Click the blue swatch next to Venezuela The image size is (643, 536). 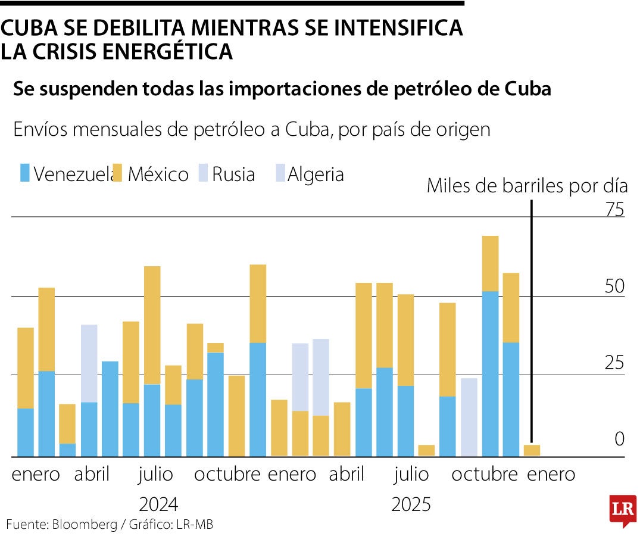click(24, 174)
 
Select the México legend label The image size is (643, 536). click(158, 174)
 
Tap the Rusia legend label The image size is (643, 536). click(233, 174)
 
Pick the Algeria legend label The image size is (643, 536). click(316, 174)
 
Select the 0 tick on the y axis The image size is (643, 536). click(619, 439)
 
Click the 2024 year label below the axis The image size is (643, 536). click(158, 504)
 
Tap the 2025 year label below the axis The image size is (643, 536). click(411, 504)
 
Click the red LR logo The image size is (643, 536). click(622, 509)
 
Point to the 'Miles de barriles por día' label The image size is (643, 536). click(527, 186)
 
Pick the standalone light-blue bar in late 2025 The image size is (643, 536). click(469, 417)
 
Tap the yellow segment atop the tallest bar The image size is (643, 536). click(490, 263)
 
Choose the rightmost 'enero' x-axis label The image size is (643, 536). click(551, 475)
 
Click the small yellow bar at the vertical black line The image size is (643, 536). click(532, 450)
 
